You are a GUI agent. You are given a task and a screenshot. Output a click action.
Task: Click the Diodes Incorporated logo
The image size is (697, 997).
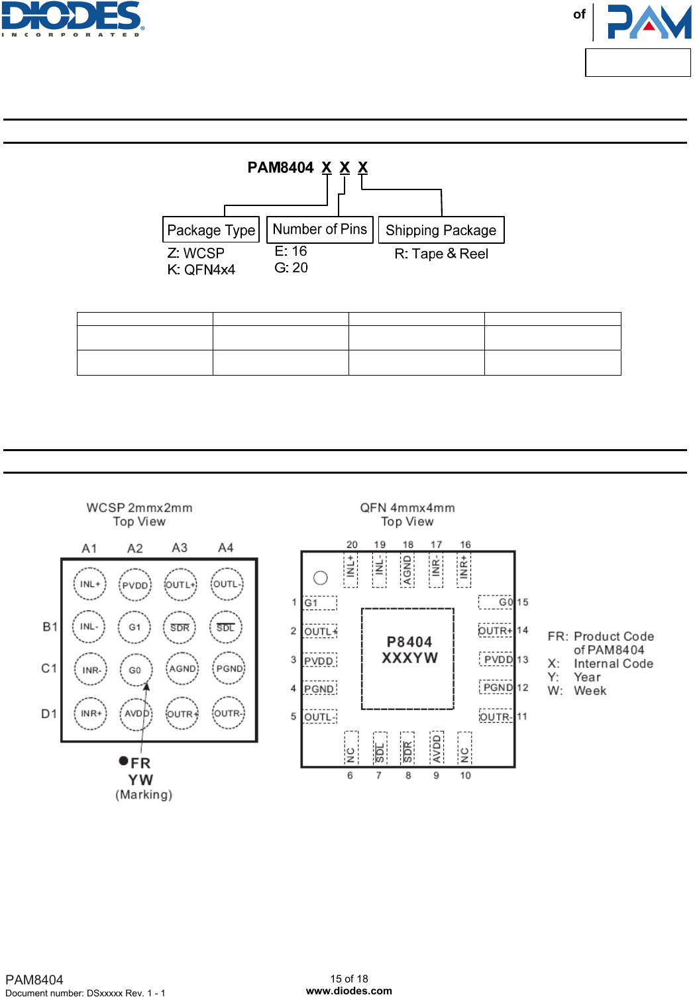(x=72, y=19)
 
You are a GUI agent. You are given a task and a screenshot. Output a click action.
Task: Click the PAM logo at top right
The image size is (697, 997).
(x=649, y=22)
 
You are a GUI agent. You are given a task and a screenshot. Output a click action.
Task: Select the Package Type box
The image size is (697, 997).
(x=211, y=230)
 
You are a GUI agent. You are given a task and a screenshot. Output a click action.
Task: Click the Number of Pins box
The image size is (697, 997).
(x=319, y=229)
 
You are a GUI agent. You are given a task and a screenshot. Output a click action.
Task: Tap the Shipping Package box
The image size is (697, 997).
(x=441, y=230)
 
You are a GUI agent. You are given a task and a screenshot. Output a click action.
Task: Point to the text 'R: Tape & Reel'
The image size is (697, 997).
(x=441, y=254)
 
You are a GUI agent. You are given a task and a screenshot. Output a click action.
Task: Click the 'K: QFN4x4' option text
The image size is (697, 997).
(x=201, y=270)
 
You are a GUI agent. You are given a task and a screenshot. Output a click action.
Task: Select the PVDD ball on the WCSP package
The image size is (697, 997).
(x=135, y=585)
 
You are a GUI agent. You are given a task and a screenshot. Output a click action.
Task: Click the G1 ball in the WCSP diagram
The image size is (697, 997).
(x=135, y=627)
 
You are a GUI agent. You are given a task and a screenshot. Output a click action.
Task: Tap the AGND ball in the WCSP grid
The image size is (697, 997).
(x=182, y=669)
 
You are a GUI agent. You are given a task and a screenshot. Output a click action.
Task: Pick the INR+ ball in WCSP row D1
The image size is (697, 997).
(x=90, y=713)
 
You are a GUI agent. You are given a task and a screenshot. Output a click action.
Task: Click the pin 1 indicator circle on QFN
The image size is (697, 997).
(x=321, y=578)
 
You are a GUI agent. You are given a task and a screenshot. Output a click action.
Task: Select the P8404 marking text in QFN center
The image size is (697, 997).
(x=409, y=642)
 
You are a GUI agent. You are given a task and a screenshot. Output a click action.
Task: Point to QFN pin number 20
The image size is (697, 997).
(x=352, y=545)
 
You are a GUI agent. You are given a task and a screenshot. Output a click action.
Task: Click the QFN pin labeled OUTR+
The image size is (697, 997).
(x=496, y=631)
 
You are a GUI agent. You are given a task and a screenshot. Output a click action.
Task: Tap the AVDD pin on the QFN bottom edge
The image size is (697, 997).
(x=436, y=747)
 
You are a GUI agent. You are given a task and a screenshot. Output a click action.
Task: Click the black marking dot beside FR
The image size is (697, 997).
(x=123, y=761)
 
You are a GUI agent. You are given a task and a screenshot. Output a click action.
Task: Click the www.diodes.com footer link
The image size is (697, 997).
(x=348, y=991)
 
